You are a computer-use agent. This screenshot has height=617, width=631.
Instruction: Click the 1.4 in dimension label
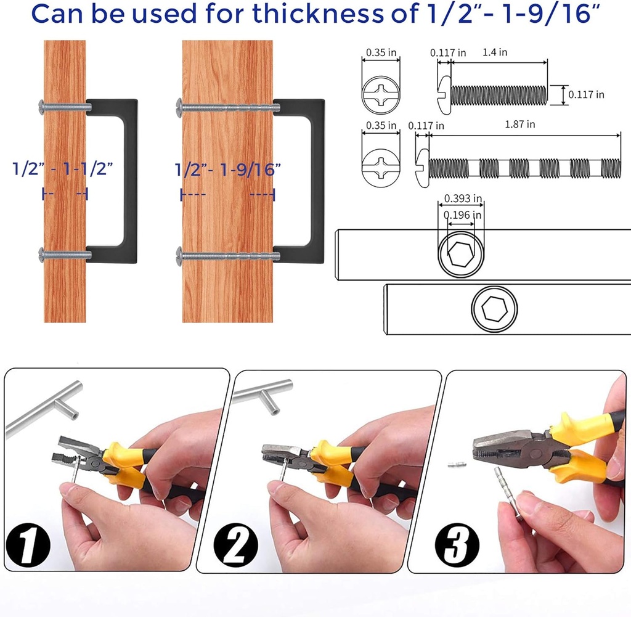(495, 53)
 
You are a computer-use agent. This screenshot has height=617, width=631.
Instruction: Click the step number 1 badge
(26, 543)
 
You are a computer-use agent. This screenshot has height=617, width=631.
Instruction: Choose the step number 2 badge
(235, 543)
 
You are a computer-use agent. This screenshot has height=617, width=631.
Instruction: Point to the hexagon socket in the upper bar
(460, 253)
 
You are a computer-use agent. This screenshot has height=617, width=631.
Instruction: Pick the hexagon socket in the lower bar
(494, 310)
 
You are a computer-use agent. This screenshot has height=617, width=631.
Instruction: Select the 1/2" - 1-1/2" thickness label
(64, 168)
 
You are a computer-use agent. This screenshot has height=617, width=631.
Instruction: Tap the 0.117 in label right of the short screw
(585, 95)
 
